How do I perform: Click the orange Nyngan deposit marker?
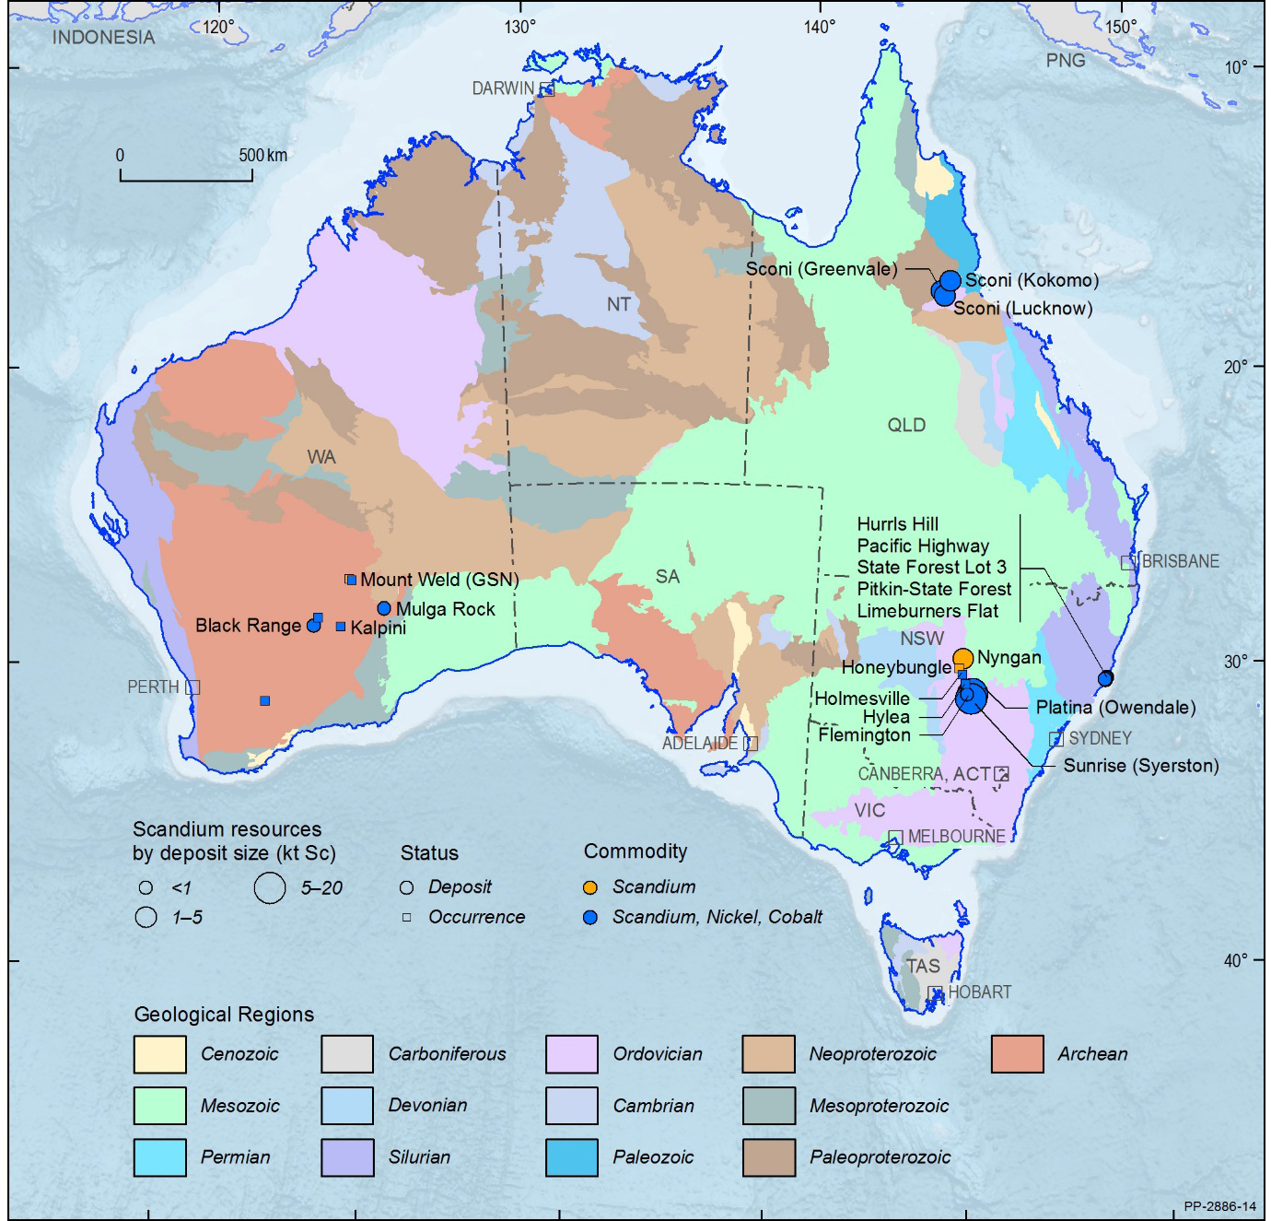pos(962,657)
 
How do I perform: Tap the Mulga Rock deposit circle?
pos(384,608)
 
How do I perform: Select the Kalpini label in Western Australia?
pos(378,628)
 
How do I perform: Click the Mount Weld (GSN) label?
pos(439,580)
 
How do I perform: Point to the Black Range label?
pos(248,626)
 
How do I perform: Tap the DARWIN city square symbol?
pos(546,88)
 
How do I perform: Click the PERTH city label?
pos(153,687)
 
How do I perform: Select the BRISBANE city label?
pos(1181,561)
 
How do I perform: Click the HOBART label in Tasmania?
pos(980,992)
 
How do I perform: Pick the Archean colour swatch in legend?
pos(1018,1054)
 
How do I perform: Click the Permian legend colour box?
pos(158,1157)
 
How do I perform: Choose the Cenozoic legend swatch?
pos(158,1054)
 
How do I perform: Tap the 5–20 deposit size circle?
pos(270,886)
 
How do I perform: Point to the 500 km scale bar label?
pos(263,155)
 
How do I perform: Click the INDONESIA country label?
pos(104,38)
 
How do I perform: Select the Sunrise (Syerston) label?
pos(1141,765)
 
